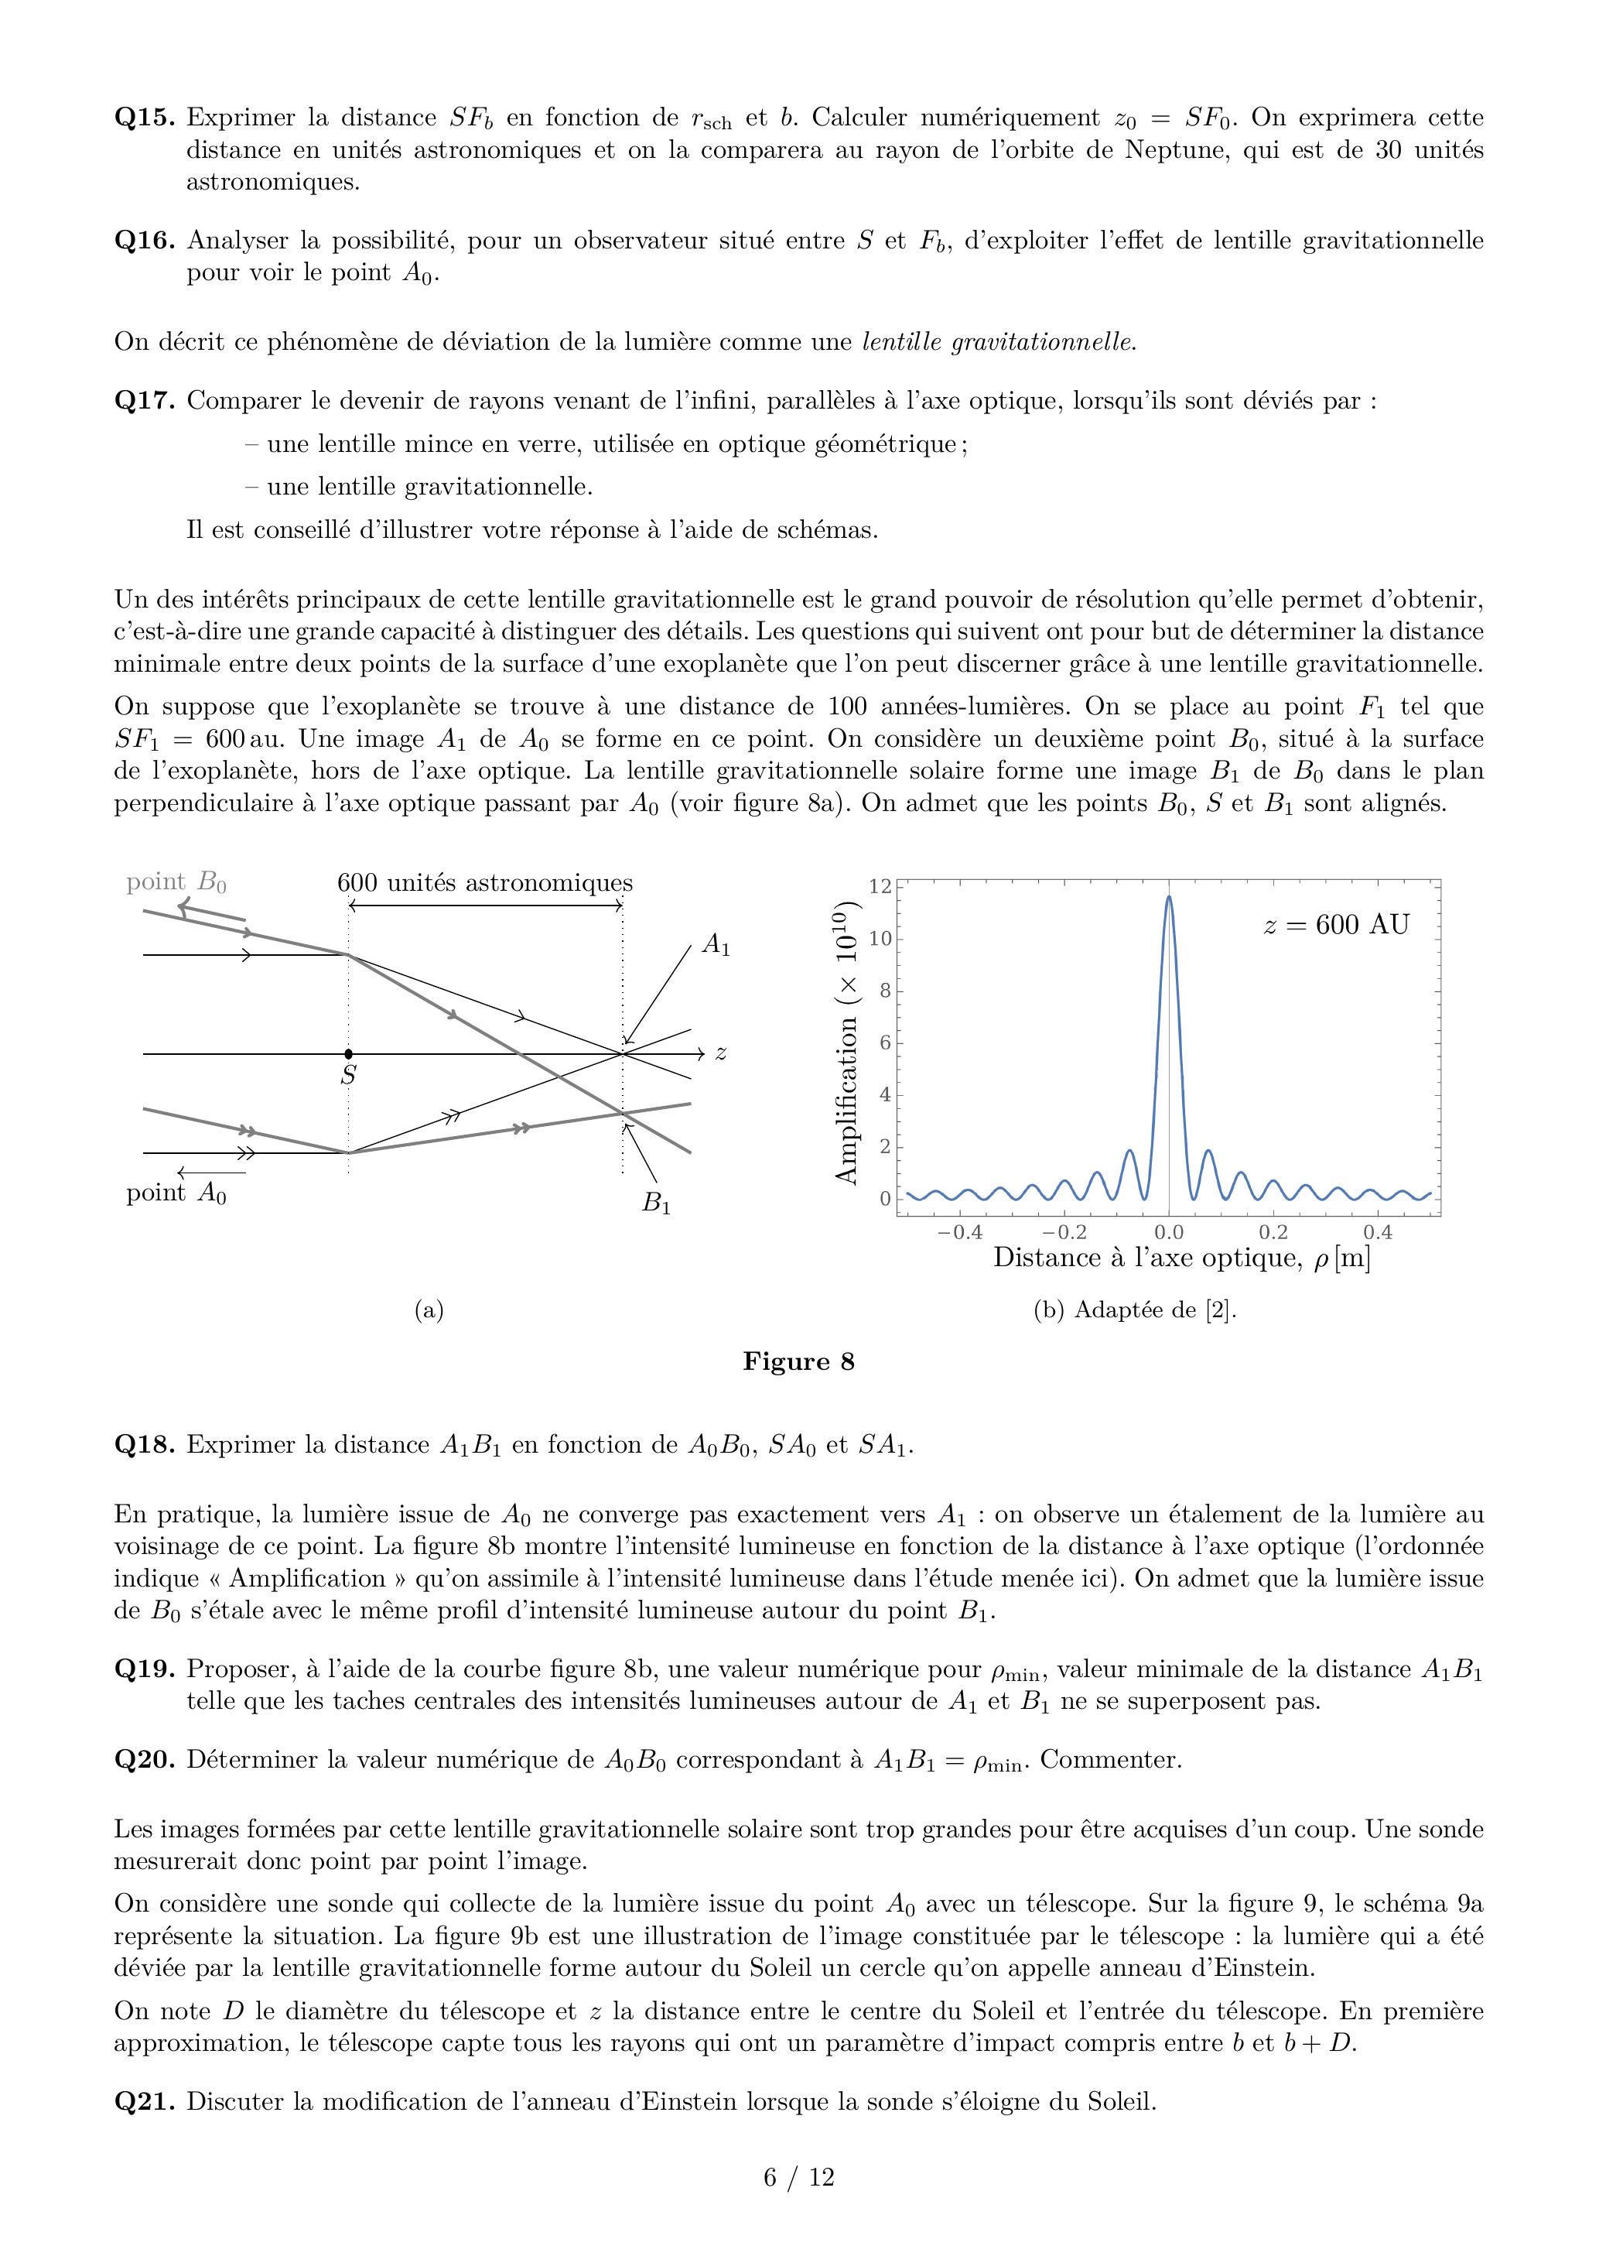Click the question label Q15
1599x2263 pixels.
(x=145, y=118)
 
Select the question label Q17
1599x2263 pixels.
(x=145, y=401)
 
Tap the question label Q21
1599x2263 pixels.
(x=145, y=2101)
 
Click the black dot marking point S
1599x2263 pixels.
(x=349, y=1053)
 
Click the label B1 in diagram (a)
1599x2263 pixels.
(x=656, y=1203)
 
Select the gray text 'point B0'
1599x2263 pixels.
(x=176, y=882)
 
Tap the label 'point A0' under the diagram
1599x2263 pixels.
(x=176, y=1193)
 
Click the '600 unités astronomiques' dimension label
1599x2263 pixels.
(x=485, y=882)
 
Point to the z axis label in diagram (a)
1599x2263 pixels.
(x=721, y=1053)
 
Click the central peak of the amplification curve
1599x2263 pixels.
(x=1168, y=899)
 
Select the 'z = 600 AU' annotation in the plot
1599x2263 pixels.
(x=1336, y=925)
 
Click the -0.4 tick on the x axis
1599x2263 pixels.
(x=958, y=1232)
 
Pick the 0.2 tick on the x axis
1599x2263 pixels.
(x=1273, y=1232)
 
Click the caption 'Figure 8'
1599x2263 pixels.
(x=798, y=1362)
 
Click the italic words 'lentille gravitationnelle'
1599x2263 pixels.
(x=998, y=342)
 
